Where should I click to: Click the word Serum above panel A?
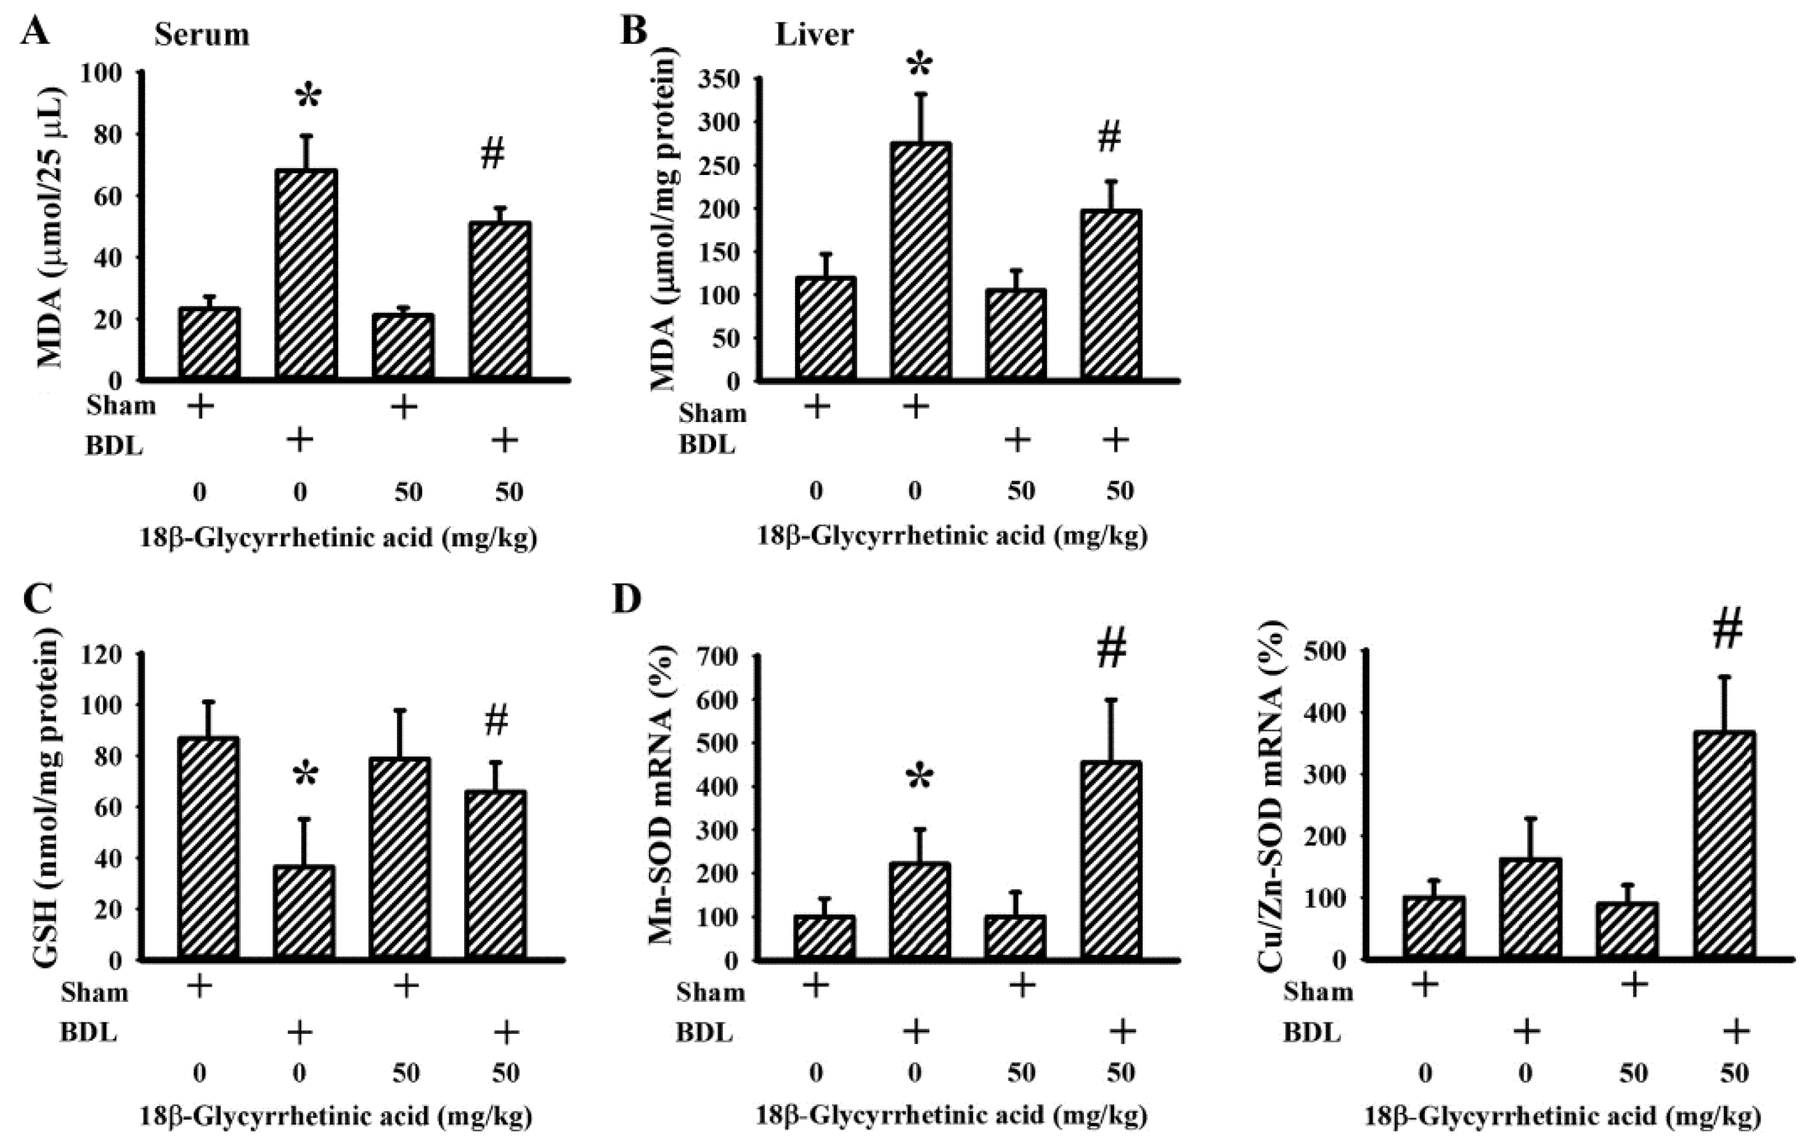pyautogui.click(x=202, y=35)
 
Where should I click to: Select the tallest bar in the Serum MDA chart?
pyautogui.click(x=307, y=274)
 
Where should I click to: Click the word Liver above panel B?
pyautogui.click(x=814, y=35)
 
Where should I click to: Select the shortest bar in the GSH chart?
pyautogui.click(x=305, y=913)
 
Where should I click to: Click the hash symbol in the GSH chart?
pyautogui.click(x=496, y=721)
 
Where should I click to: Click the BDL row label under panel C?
pyautogui.click(x=89, y=1032)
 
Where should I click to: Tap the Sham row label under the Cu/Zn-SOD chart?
pyautogui.click(x=1318, y=992)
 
